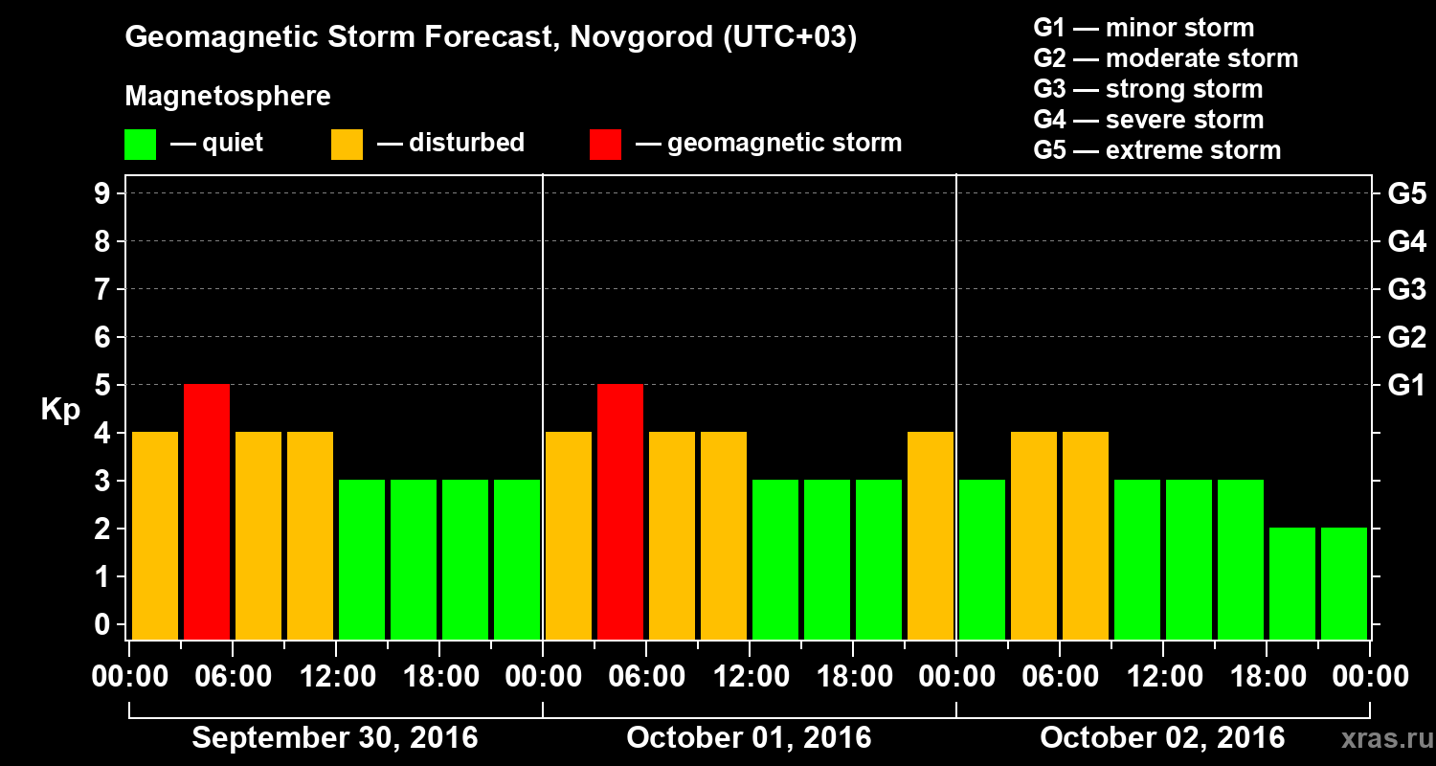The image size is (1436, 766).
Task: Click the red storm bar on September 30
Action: pyautogui.click(x=207, y=511)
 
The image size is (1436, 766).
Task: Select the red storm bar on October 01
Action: pyautogui.click(x=620, y=511)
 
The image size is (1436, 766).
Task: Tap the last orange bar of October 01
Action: pyautogui.click(x=931, y=535)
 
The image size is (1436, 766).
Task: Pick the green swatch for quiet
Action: pyautogui.click(x=140, y=145)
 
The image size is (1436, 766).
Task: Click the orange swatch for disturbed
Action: pyautogui.click(x=347, y=145)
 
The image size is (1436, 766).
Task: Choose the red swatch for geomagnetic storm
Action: pyautogui.click(x=605, y=145)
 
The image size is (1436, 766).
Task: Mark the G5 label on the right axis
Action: pyautogui.click(x=1406, y=194)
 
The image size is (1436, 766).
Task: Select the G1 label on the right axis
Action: pyautogui.click(x=1406, y=386)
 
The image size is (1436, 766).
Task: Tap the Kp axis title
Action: pyautogui.click(x=59, y=410)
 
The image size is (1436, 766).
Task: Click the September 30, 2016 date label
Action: pyautogui.click(x=335, y=738)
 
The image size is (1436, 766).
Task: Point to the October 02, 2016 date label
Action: pyautogui.click(x=1162, y=738)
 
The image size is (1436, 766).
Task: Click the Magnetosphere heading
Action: pyautogui.click(x=228, y=97)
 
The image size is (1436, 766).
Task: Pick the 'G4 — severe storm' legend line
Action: pyautogui.click(x=1149, y=120)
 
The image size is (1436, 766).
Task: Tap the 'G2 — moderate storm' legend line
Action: pyautogui.click(x=1166, y=58)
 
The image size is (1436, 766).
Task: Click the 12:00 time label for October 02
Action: pyautogui.click(x=1162, y=677)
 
